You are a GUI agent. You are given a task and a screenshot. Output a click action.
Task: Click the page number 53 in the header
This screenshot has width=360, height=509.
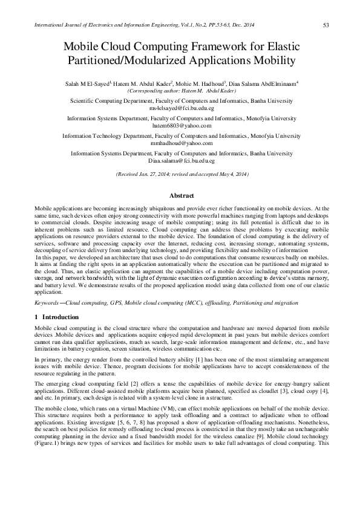click(x=326, y=25)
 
